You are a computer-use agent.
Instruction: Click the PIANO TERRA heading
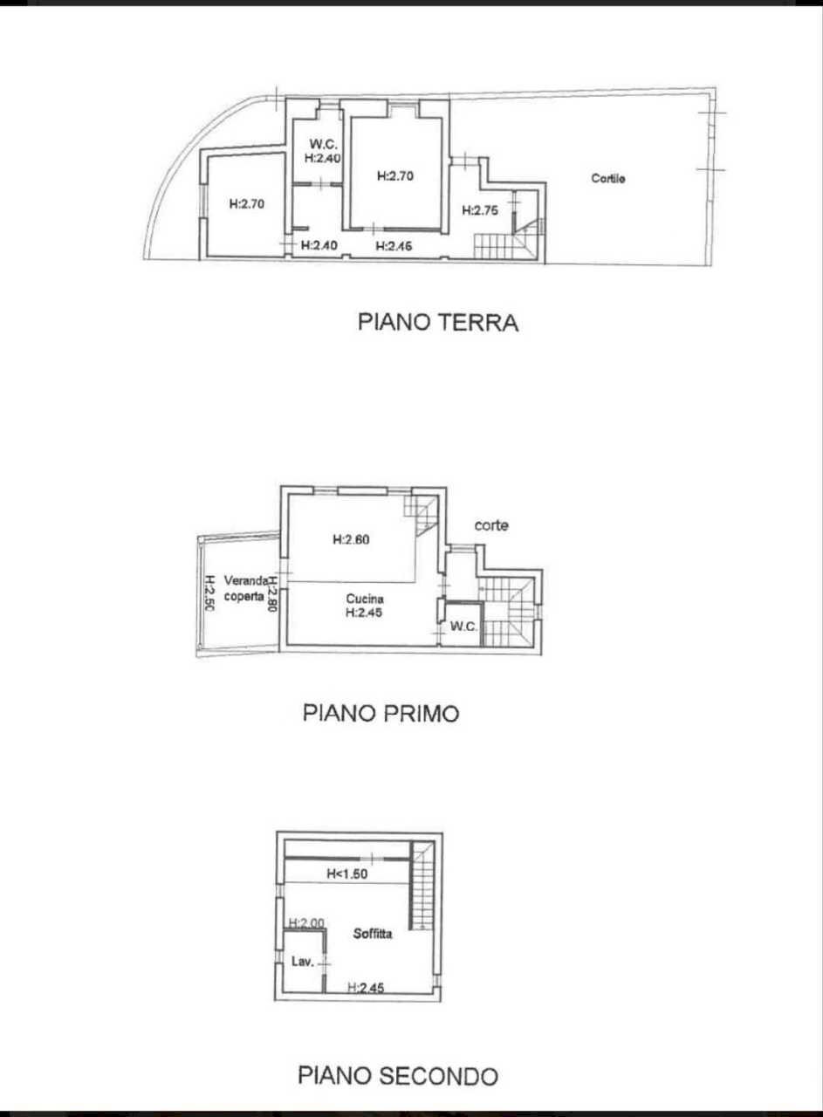click(438, 322)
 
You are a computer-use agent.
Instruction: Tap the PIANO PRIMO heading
click(381, 713)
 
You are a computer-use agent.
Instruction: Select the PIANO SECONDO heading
click(398, 1074)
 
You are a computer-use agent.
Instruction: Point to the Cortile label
click(608, 179)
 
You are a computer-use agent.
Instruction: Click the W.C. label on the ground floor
click(321, 144)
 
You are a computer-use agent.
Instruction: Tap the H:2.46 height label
click(394, 247)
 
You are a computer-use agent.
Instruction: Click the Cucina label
click(365, 599)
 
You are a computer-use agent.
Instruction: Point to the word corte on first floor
click(491, 525)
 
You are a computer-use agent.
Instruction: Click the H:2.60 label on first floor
click(352, 539)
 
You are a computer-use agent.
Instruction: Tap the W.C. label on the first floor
click(463, 627)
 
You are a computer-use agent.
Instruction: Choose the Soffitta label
click(373, 934)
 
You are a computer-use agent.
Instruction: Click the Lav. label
click(301, 963)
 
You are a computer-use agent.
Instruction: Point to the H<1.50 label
click(346, 873)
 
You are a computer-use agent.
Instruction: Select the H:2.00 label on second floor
click(306, 923)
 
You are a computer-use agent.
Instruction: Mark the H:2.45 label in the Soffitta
click(366, 989)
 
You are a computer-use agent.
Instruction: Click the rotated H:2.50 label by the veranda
click(209, 594)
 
